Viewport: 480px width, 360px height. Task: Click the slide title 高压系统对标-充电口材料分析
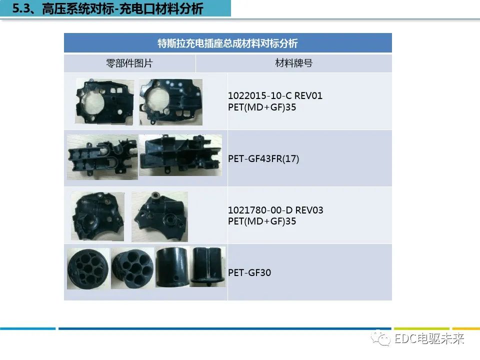tap(115, 8)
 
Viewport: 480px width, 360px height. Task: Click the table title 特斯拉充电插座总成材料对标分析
tap(227, 43)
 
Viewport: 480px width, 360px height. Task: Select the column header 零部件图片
tap(129, 63)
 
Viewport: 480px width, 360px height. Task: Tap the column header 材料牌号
tap(293, 63)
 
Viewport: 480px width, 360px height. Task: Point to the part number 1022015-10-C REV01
tap(275, 96)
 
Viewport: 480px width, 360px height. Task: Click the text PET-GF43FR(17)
tap(263, 158)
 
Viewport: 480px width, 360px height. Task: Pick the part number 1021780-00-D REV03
tap(275, 210)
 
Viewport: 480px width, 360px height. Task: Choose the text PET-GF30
tap(249, 273)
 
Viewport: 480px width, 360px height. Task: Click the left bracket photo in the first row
tap(104, 102)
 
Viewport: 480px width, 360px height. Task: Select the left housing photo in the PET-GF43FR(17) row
tap(102, 156)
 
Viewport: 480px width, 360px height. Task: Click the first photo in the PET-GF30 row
tap(88, 268)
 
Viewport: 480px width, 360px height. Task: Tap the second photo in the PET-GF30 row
tap(132, 268)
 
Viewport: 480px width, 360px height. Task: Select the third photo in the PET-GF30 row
tap(173, 267)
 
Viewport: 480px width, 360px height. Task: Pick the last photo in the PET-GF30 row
tap(208, 267)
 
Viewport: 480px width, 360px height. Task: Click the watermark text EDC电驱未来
tap(429, 339)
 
